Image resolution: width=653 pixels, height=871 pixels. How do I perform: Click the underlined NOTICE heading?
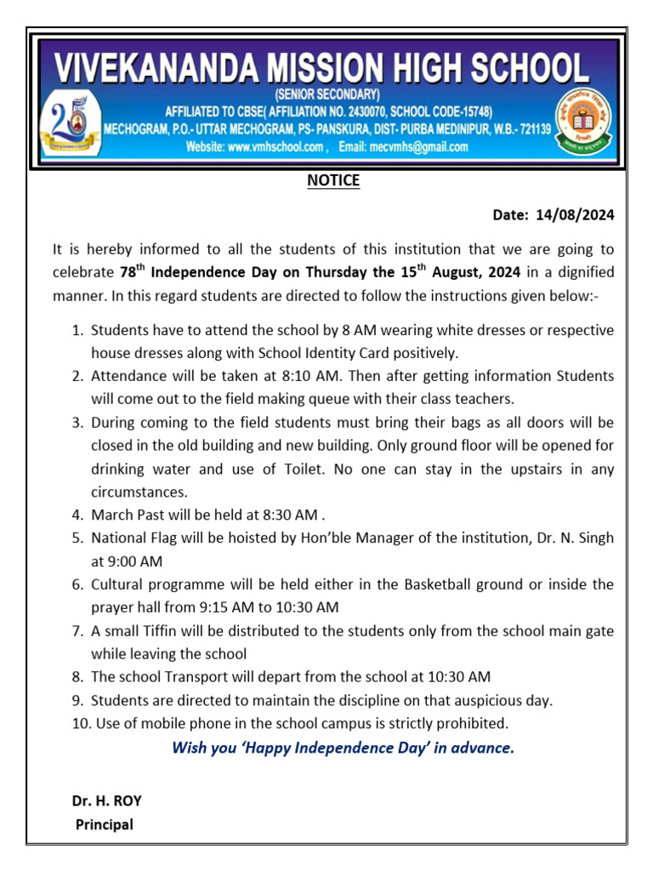coord(333,181)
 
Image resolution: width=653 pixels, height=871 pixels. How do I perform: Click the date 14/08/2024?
coord(575,216)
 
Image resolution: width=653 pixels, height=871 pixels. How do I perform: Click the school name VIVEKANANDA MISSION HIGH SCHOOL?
coord(322,67)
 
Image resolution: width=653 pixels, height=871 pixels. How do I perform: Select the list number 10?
coord(79,724)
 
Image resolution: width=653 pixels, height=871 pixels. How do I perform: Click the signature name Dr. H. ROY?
coord(106,800)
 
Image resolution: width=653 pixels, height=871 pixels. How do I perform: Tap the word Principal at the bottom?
coord(105,824)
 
